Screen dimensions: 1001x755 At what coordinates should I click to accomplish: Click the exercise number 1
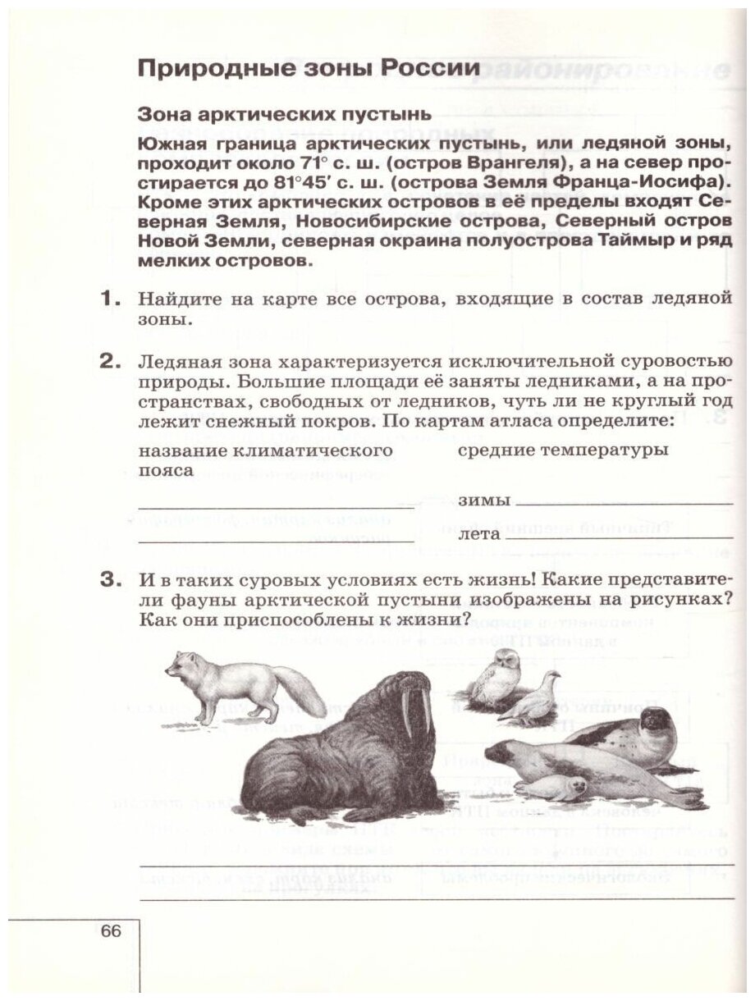tap(111, 301)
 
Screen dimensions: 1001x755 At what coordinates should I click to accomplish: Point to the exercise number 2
tap(111, 361)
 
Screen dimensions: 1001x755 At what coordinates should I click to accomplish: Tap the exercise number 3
tap(111, 581)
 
